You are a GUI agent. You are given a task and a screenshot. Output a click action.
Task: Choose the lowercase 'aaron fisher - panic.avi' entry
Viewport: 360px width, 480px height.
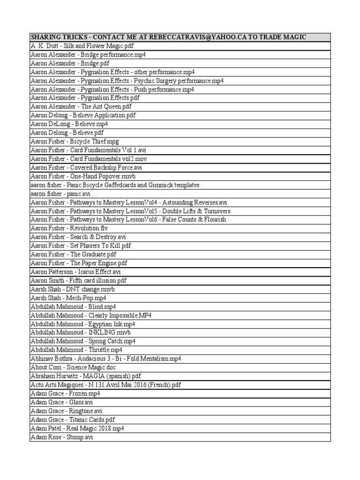click(x=60, y=194)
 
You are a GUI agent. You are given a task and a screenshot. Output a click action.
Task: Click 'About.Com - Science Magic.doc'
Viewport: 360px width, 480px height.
click(x=76, y=367)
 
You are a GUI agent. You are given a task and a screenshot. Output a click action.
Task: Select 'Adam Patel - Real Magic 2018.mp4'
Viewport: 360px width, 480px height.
click(x=77, y=428)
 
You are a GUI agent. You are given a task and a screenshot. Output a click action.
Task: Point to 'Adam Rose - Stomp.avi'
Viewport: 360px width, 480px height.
click(x=62, y=437)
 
